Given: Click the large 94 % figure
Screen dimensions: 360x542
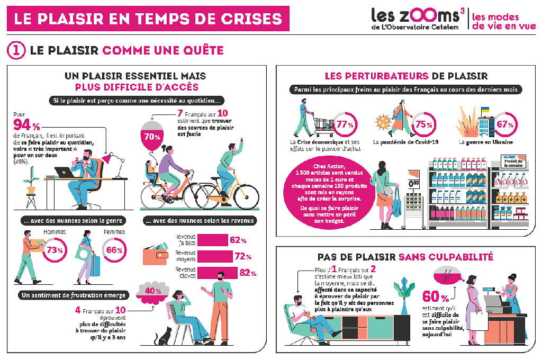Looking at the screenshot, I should tap(26, 126).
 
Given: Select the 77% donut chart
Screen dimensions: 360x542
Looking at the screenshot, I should tap(345, 125).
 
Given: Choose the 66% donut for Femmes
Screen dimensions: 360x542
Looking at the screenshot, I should tap(114, 249).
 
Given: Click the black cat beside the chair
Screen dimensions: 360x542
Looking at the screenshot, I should tap(163, 337).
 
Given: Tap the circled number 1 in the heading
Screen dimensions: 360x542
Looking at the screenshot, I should tap(15, 50).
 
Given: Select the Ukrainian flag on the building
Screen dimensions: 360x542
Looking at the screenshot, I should tap(484, 110).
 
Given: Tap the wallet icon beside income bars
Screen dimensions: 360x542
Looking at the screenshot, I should tap(156, 256).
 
